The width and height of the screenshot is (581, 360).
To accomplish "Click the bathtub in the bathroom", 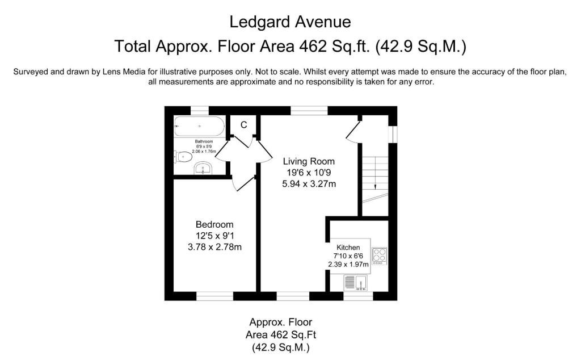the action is pos(199,127).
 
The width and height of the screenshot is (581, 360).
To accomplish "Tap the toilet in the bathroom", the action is pos(183,157).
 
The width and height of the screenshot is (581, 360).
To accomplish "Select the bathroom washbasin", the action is pos(203,168).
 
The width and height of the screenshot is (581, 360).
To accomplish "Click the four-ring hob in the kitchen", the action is pos(379,256).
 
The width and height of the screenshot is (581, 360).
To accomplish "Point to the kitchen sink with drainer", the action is pos(356,283).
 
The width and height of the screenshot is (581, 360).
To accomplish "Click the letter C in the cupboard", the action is pos(243,125).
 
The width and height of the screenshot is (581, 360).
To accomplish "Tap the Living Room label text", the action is pos(309,161).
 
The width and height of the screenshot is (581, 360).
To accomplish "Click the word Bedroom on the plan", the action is pos(214,224).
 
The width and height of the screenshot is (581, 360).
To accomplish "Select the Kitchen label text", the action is pos(348,248).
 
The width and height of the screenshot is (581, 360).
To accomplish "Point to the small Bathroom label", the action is pos(204,141).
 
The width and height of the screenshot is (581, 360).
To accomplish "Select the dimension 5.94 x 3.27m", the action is pos(309,184).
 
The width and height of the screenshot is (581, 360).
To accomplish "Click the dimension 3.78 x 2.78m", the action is pos(214,247).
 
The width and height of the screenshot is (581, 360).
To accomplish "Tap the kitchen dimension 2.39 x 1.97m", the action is pos(348,265).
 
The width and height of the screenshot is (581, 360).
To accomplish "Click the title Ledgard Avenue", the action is pos(290,22).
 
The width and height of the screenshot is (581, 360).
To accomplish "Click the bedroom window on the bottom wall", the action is pos(214,296).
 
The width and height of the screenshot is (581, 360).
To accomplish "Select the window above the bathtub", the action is pos(200,111).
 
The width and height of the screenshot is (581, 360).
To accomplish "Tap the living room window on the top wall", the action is pos(309,111).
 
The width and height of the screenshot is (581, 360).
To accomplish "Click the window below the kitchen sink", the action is pos(358,296).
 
